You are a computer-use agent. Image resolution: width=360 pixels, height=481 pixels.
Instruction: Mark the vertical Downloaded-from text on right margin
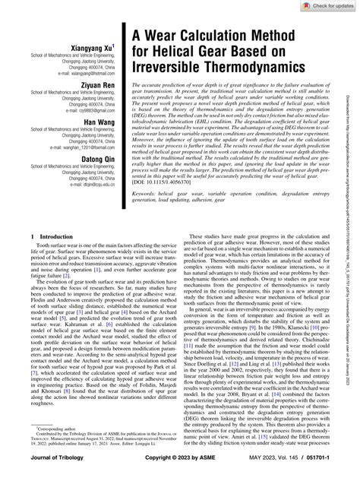point(352,228)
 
